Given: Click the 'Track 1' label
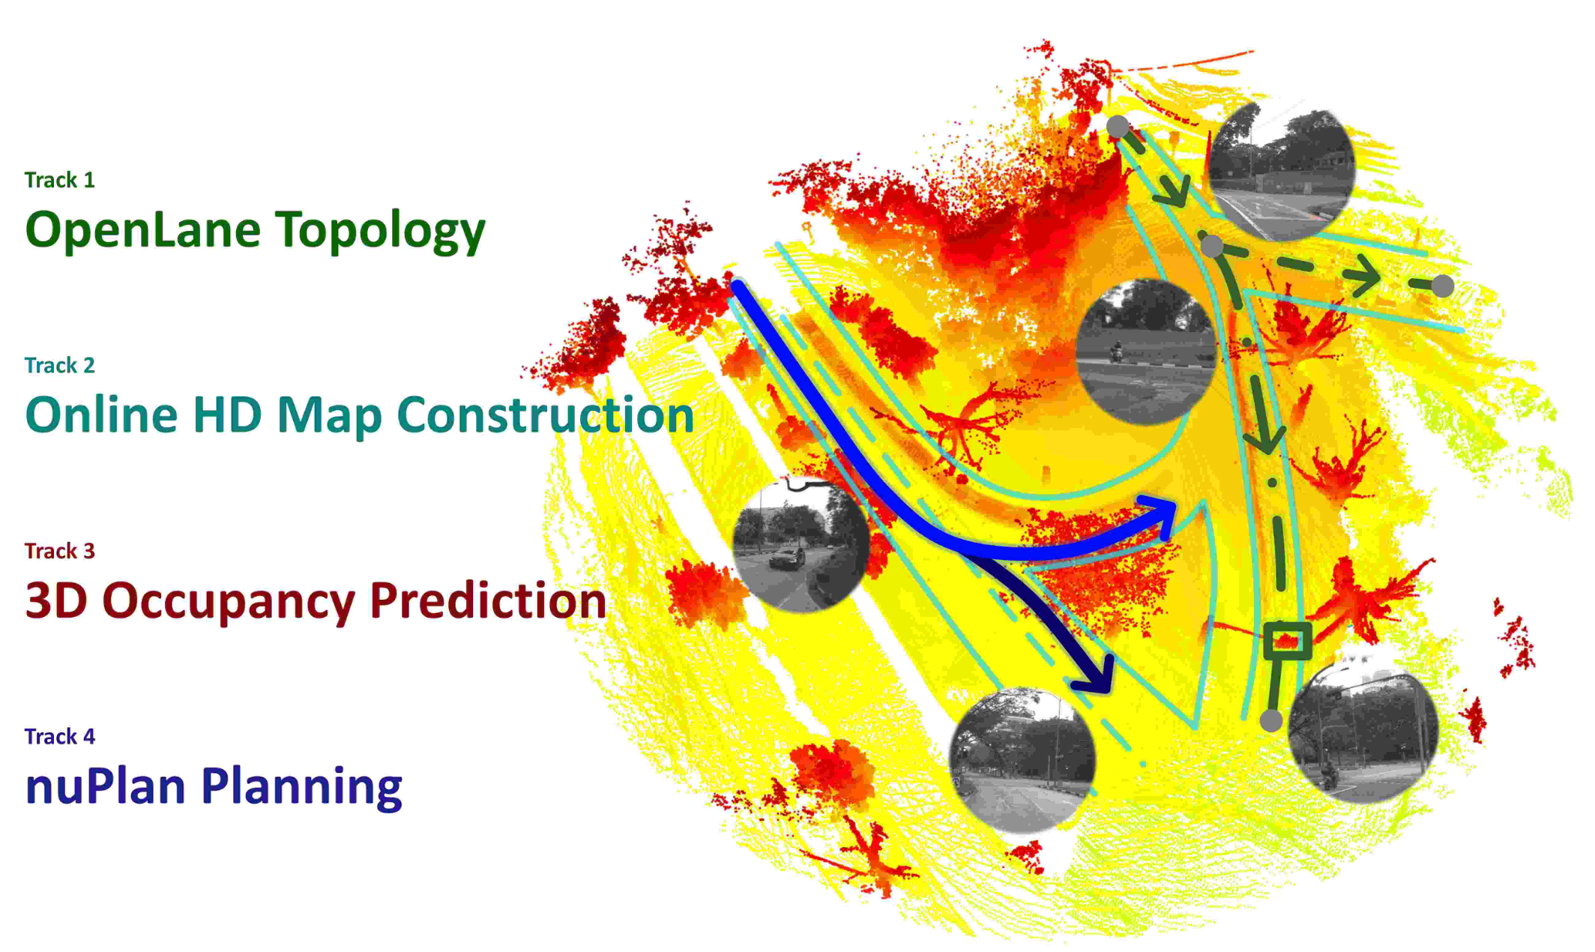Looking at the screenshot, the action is point(60,180).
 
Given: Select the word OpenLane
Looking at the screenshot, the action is point(142,229).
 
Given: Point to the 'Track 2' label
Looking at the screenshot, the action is point(60,365).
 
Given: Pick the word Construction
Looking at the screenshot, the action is point(546,415).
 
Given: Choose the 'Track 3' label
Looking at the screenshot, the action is point(60,551).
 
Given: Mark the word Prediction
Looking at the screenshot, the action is point(488,600).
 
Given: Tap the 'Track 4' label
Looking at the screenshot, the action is point(60,736).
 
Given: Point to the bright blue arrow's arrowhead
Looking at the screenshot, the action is point(1159,514).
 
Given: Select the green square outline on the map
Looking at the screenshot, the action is point(1287,641).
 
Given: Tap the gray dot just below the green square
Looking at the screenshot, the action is point(1271,721).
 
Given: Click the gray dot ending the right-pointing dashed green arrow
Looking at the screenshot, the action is point(1443,286).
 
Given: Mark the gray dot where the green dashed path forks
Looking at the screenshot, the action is point(1212,245).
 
